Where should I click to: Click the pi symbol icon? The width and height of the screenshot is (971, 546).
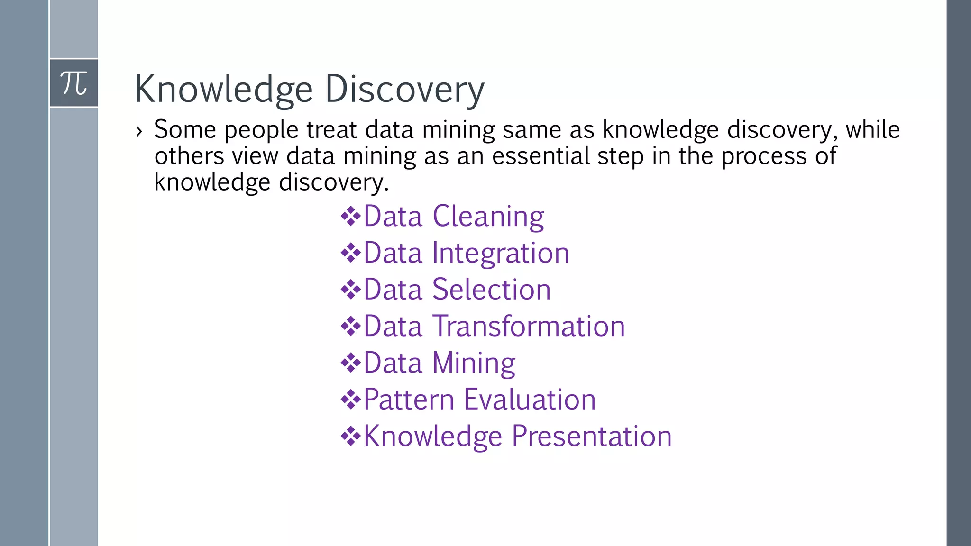point(74,83)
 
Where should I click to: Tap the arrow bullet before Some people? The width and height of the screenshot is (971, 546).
point(138,131)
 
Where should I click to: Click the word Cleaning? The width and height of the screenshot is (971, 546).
point(488,217)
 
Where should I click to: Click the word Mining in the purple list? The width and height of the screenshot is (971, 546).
point(474,363)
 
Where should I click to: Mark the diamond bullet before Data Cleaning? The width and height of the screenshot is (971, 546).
point(351,217)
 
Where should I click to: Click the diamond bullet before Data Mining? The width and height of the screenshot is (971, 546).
point(351,363)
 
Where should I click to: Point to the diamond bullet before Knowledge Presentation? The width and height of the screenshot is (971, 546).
point(351,436)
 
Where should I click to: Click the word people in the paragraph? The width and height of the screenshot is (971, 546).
point(261,130)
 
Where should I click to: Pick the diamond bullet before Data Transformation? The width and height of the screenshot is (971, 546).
point(351,326)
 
